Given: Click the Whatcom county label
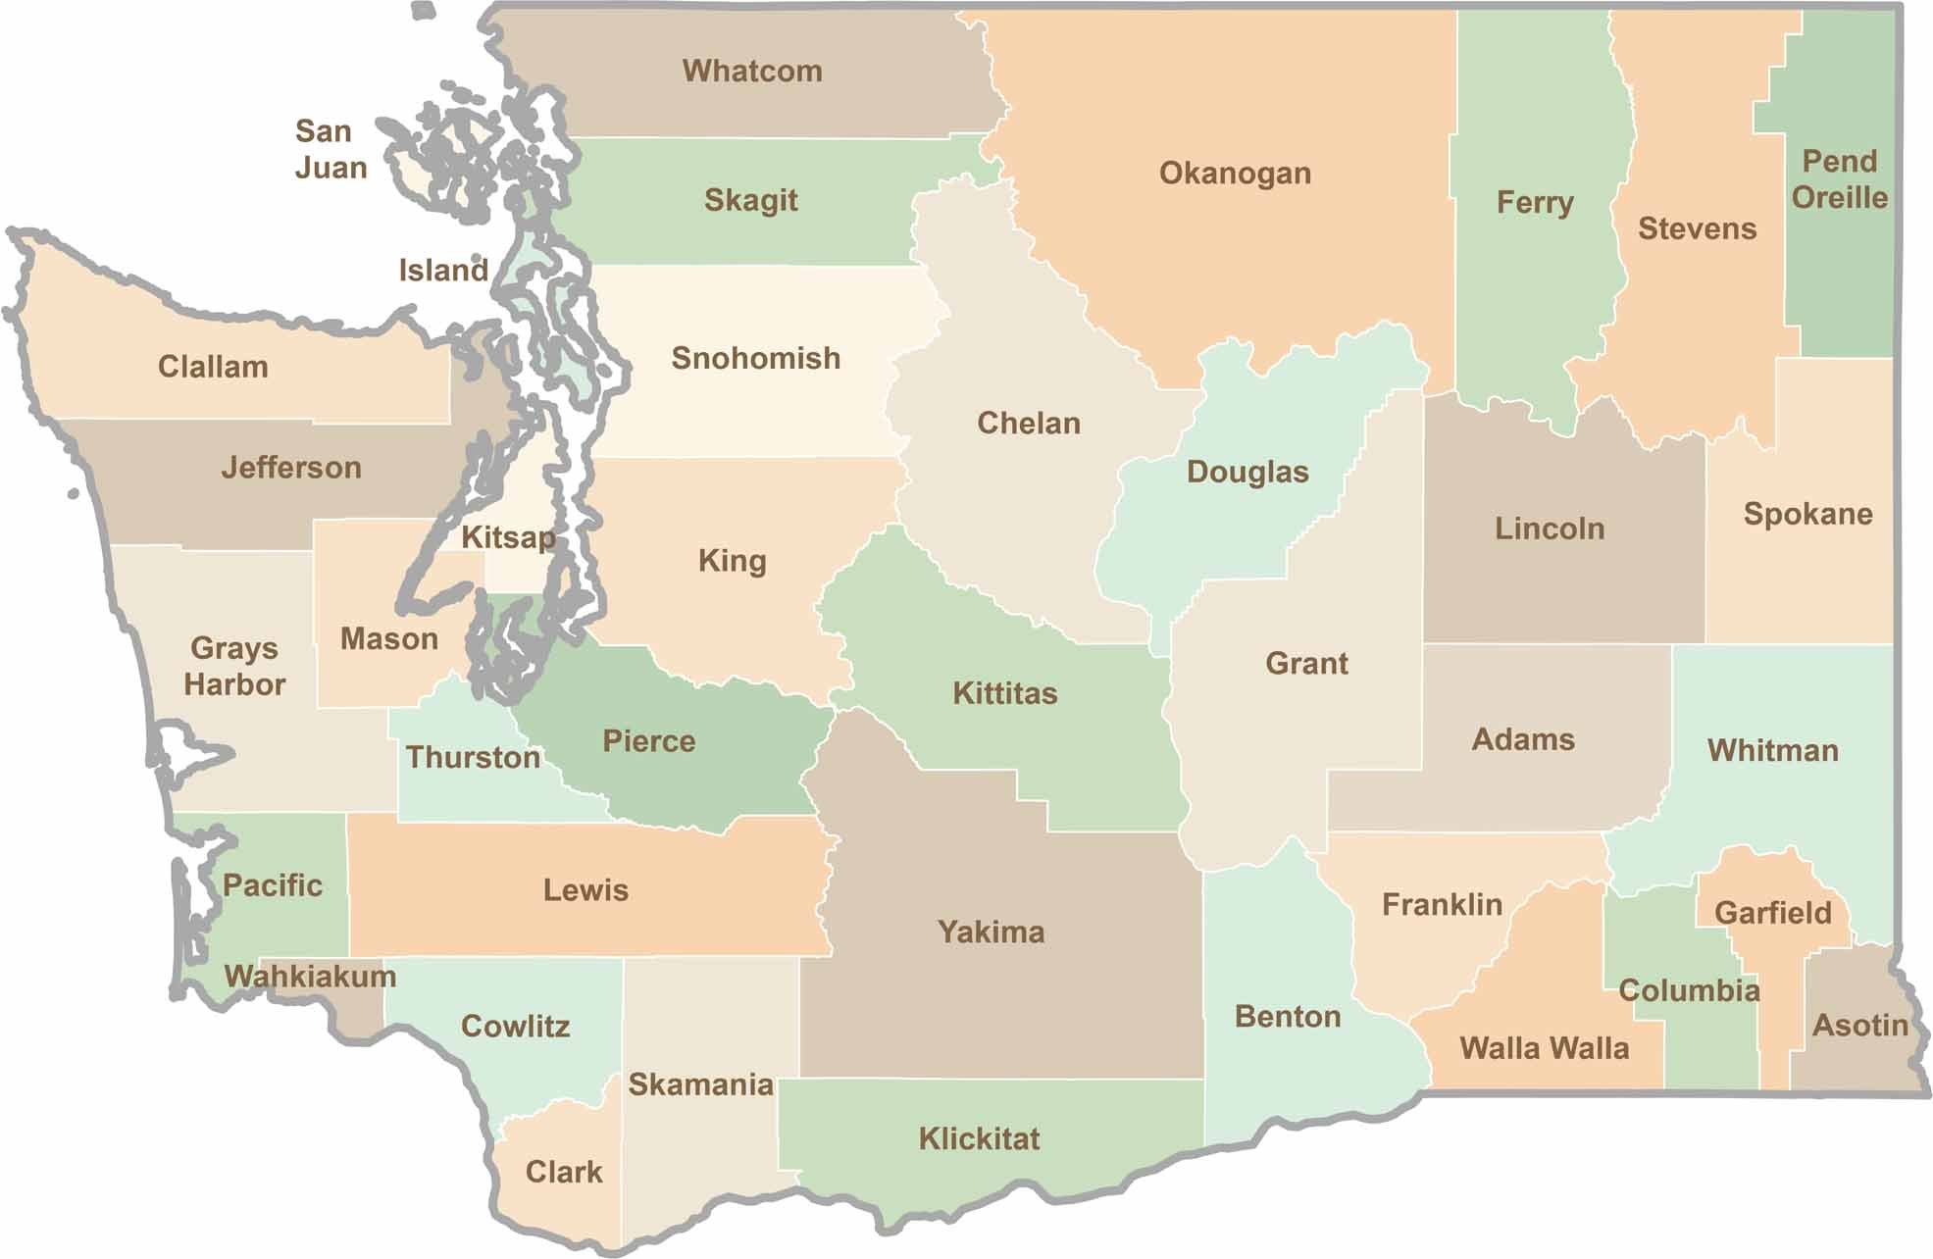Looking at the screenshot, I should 752,71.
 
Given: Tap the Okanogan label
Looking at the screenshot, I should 1235,174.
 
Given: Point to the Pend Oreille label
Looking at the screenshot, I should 1839,179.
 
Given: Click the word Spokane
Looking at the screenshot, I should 1807,514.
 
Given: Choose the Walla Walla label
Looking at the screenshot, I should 1544,1048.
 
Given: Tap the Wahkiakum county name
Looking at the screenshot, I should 310,976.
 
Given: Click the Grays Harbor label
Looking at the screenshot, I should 234,666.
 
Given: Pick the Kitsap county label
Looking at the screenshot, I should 508,537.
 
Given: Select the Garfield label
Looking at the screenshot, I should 1772,913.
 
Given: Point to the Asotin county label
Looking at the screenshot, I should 1859,1026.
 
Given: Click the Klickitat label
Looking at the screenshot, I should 979,1138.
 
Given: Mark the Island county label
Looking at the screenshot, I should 443,270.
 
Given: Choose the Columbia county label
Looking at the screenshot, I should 1689,990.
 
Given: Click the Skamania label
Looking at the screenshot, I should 700,1084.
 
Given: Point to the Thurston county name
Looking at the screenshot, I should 473,757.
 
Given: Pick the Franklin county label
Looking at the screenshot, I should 1442,904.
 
